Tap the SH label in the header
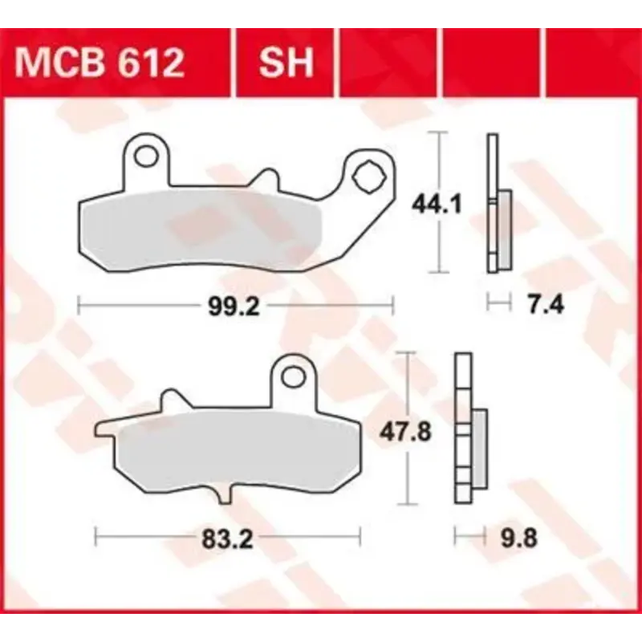tap(286, 63)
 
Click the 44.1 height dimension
tap(436, 205)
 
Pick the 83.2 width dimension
tap(227, 538)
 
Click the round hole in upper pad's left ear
tap(146, 156)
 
